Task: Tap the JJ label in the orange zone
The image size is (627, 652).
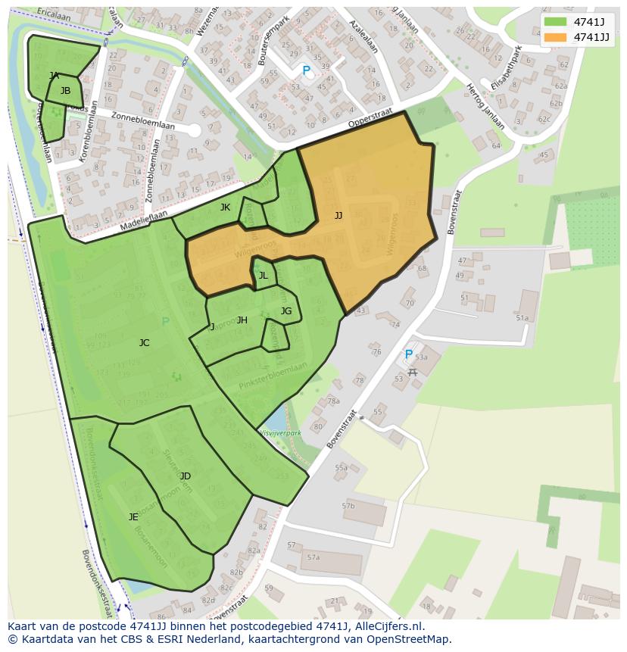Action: click(338, 216)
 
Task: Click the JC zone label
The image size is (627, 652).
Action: click(144, 343)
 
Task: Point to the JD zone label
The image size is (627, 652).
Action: click(186, 476)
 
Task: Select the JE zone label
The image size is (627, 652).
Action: click(133, 517)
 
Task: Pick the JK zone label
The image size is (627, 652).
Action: click(225, 207)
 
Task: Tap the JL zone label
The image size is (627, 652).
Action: click(263, 276)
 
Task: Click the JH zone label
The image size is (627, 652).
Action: click(242, 320)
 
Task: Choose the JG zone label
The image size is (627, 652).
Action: click(285, 311)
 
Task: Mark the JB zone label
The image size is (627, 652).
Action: click(65, 91)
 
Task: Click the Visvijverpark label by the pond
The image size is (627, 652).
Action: click(280, 433)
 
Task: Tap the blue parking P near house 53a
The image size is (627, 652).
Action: click(409, 354)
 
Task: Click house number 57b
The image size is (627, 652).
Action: click(348, 506)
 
